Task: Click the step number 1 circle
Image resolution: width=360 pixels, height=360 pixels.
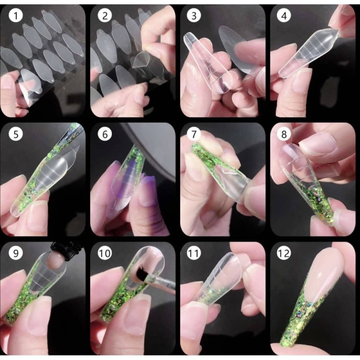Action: tap(16, 16)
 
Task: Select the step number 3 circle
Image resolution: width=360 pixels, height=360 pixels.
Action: tap(194, 16)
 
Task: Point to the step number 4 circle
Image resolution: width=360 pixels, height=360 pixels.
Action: tap(284, 16)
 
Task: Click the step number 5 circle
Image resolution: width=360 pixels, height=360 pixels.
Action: tap(16, 134)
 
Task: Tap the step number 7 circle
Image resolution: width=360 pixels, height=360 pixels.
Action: tap(194, 134)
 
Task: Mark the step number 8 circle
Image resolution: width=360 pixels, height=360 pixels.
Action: tap(284, 134)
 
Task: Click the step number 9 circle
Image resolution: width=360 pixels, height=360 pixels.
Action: tap(16, 253)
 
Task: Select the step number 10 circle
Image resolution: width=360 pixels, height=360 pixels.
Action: tap(107, 253)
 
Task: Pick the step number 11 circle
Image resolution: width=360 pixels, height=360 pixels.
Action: tap(194, 253)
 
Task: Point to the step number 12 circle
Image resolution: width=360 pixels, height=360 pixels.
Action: tap(284, 253)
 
